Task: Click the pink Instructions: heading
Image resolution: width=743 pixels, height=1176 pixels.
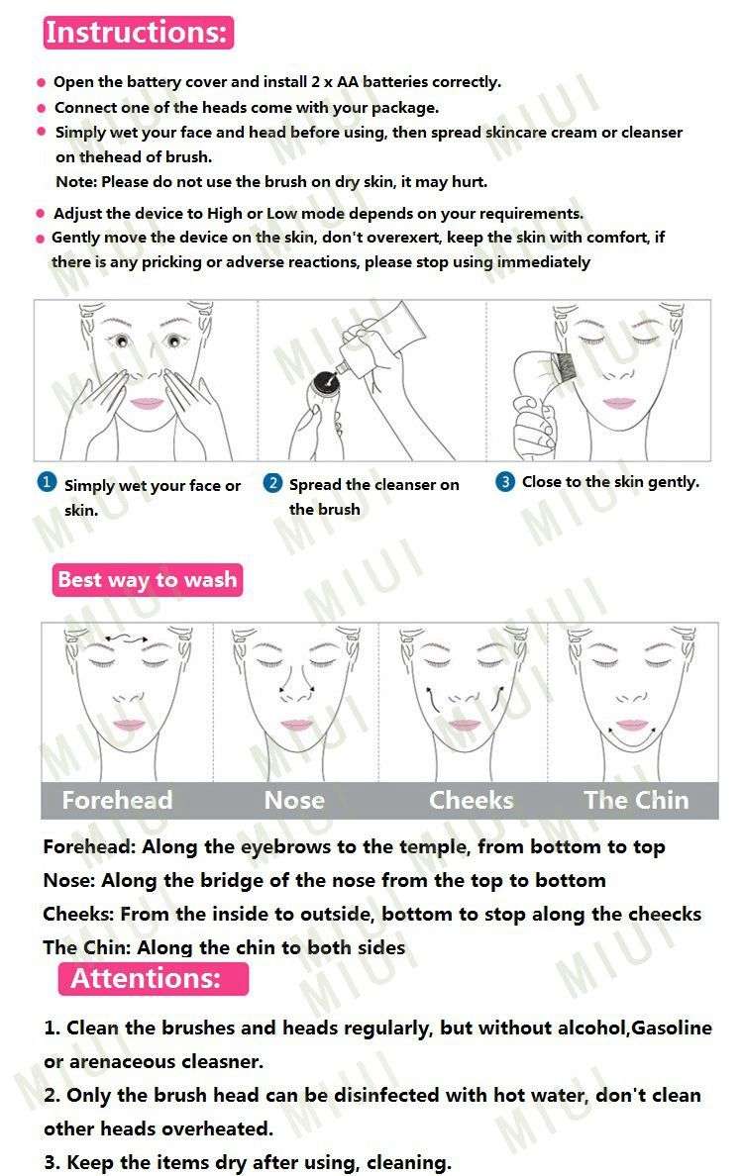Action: pos(137,33)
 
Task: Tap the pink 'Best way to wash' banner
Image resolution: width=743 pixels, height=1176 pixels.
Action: pos(147,580)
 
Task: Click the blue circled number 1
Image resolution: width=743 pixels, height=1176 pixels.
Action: pos(47,482)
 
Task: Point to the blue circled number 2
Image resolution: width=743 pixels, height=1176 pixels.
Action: pos(272,483)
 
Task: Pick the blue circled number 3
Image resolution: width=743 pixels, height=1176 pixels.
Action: pos(505,482)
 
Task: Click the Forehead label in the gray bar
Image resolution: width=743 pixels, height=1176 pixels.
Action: pos(117,800)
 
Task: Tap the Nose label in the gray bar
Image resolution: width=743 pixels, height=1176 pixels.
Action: pos(294,800)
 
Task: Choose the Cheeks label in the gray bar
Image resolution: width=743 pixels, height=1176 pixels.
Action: pos(472,800)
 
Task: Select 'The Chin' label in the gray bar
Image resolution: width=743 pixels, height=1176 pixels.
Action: pos(636,800)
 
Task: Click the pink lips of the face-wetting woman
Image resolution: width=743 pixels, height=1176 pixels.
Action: pos(148,403)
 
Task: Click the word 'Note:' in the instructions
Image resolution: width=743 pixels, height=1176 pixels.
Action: pos(75,182)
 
